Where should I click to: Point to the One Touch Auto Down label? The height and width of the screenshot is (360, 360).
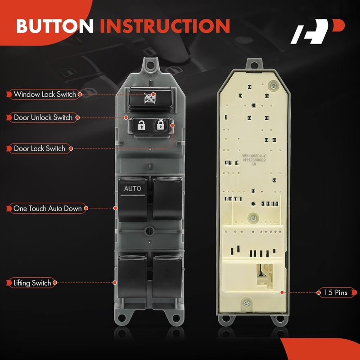pyautogui.click(x=47, y=208)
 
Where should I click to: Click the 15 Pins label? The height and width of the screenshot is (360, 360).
pyautogui.click(x=335, y=292)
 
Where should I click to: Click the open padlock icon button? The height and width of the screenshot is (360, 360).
pyautogui.click(x=141, y=126)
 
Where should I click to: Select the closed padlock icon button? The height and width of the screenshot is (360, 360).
pyautogui.click(x=160, y=126)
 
